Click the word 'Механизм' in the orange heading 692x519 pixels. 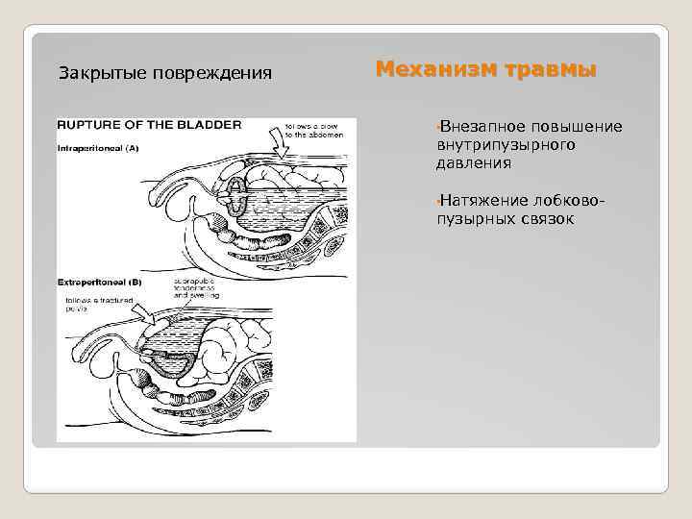pos(431,69)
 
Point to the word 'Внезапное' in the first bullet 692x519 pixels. pos(482,127)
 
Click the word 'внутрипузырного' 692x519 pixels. pos(506,145)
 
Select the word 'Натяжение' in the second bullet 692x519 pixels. pos(482,200)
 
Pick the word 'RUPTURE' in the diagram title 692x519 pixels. pos(89,125)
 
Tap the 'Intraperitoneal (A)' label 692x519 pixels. pos(98,148)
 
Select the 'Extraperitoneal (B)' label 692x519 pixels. pos(100,283)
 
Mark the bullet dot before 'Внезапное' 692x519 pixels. pos(437,127)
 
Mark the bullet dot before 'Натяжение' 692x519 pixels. pos(437,200)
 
